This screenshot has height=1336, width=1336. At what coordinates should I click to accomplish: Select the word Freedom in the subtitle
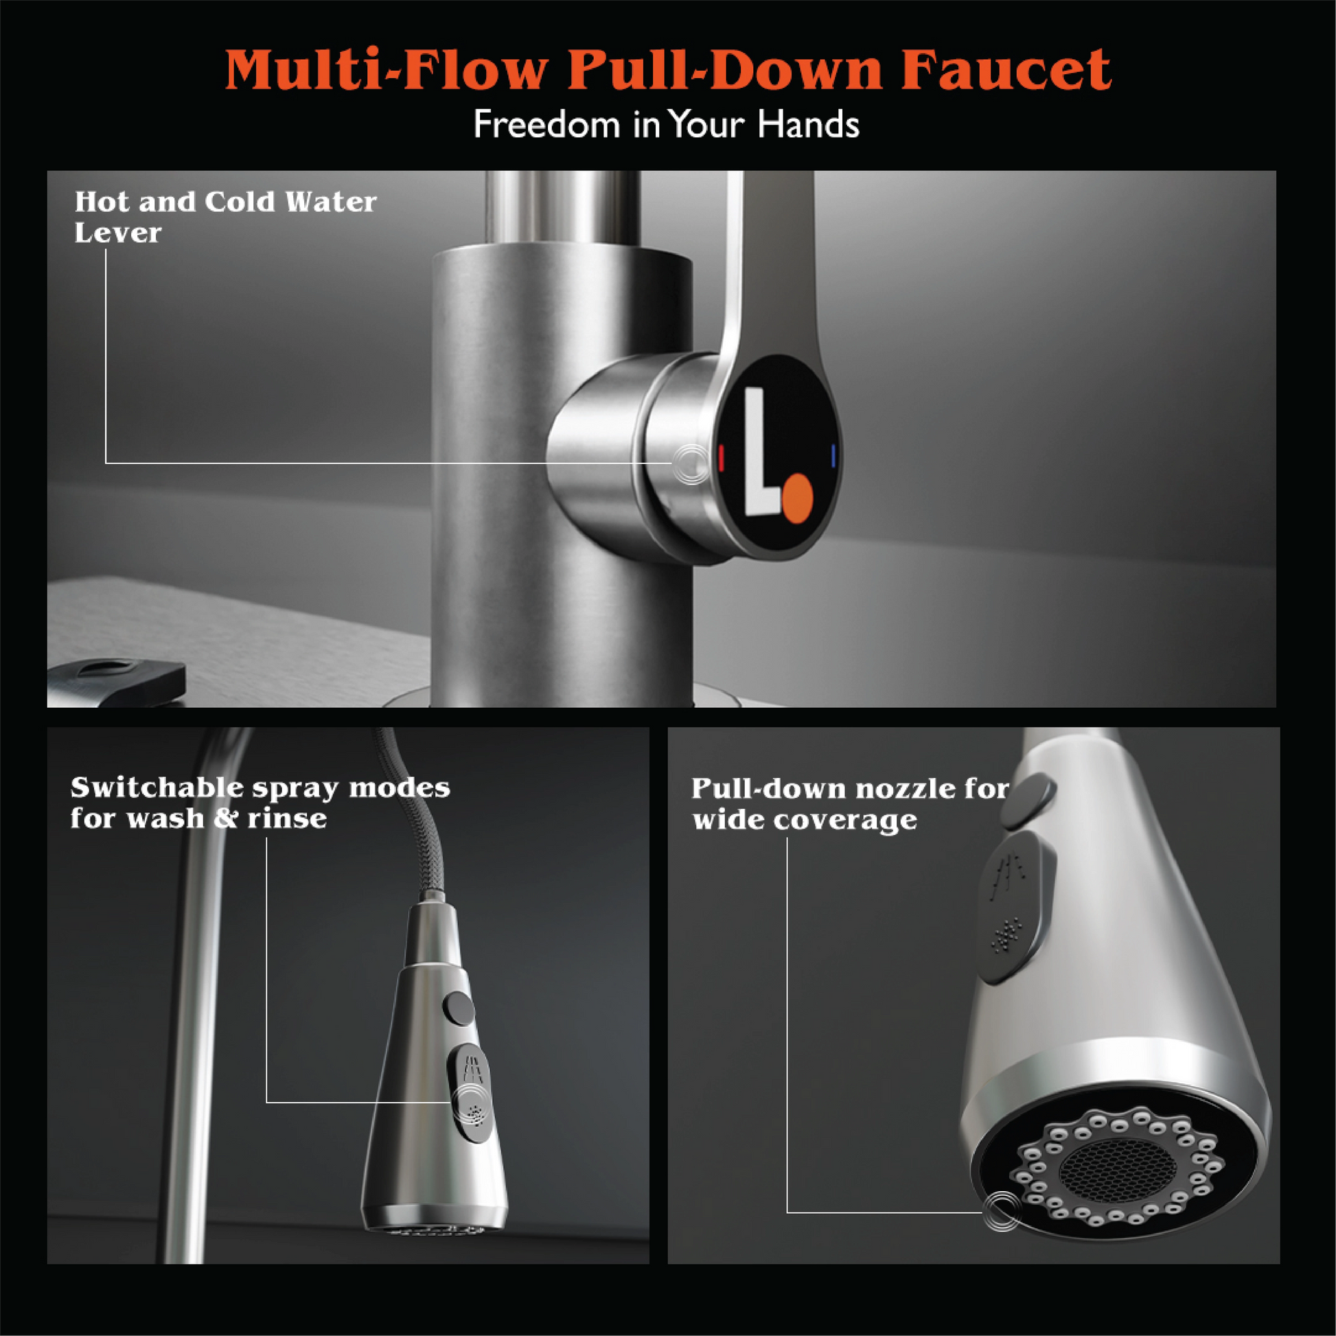546,124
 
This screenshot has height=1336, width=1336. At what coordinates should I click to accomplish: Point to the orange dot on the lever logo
798,497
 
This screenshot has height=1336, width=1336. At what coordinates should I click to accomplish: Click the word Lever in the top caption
117,233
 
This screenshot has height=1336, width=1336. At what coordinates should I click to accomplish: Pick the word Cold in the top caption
240,202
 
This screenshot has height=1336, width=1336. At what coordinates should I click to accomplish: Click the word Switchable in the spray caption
157,787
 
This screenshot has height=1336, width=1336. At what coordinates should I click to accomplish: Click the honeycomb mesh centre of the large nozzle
1117,1168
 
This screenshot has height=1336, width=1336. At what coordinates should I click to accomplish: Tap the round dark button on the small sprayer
459,1008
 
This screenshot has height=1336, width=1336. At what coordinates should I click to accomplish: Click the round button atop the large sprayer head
1028,801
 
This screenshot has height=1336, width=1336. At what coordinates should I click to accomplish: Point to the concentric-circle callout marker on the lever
692,463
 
